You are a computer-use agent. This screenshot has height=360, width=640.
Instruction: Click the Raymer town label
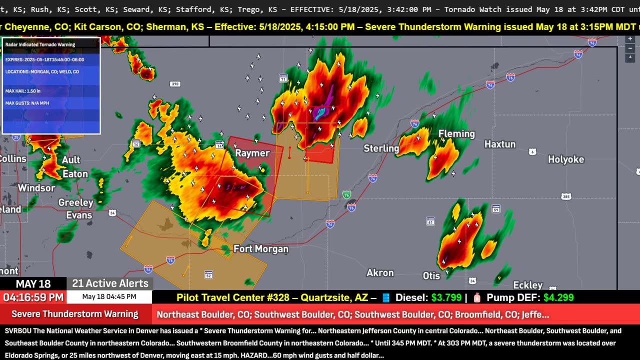[252, 153]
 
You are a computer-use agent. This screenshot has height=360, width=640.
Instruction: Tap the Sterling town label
[381, 148]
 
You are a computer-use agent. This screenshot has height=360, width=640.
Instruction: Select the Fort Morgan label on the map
[261, 249]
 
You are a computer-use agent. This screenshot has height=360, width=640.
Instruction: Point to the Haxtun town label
[499, 144]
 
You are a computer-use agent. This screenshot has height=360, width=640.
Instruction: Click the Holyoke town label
[565, 159]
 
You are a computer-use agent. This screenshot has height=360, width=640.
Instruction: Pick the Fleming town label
[456, 134]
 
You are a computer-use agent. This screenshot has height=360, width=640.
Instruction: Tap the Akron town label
[380, 273]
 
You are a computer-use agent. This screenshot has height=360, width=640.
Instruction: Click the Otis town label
[431, 276]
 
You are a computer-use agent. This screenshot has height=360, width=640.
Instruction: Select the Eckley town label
[527, 285]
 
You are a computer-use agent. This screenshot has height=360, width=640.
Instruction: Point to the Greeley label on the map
[76, 202]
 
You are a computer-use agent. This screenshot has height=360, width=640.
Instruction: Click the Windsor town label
[36, 188]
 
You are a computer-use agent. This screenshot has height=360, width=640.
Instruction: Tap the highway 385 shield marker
[565, 196]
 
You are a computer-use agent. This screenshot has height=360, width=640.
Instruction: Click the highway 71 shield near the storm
[283, 78]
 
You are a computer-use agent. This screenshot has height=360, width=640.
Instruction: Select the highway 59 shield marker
[495, 209]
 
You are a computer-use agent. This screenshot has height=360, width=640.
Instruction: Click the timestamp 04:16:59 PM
[33, 297]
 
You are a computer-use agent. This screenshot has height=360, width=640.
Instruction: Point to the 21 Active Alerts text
[110, 283]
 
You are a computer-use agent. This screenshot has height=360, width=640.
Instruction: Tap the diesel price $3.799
[446, 297]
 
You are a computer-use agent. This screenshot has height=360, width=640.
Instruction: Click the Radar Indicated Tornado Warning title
[40, 44]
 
